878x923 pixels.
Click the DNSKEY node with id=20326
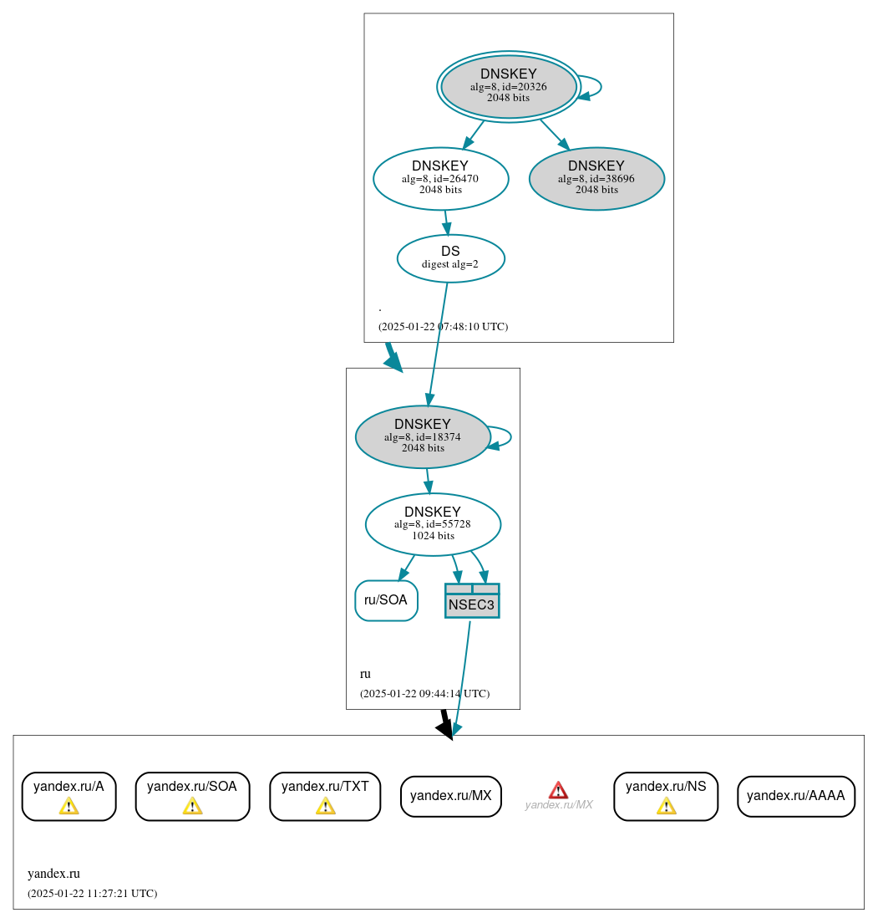[508, 86]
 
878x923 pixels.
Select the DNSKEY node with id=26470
[440, 178]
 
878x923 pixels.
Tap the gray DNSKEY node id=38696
[596, 178]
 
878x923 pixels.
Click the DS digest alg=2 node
[450, 258]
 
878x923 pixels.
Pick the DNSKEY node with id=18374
[423, 436]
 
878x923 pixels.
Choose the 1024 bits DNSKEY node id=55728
[433, 524]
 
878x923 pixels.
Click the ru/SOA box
[386, 600]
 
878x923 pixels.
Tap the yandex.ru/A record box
[69, 796]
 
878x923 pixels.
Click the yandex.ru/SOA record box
[192, 796]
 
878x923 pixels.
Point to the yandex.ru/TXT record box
[325, 796]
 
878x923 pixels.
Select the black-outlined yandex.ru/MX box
[450, 796]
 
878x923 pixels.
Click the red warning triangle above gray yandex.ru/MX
[558, 790]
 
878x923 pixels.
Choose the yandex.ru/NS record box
[666, 796]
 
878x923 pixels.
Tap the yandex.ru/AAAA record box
[795, 796]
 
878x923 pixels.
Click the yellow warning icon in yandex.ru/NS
[666, 806]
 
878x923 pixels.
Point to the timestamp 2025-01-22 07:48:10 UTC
[443, 327]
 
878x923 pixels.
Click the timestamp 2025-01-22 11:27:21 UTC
[92, 894]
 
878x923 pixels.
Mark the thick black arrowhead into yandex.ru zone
[445, 729]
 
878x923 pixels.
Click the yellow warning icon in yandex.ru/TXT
[325, 806]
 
